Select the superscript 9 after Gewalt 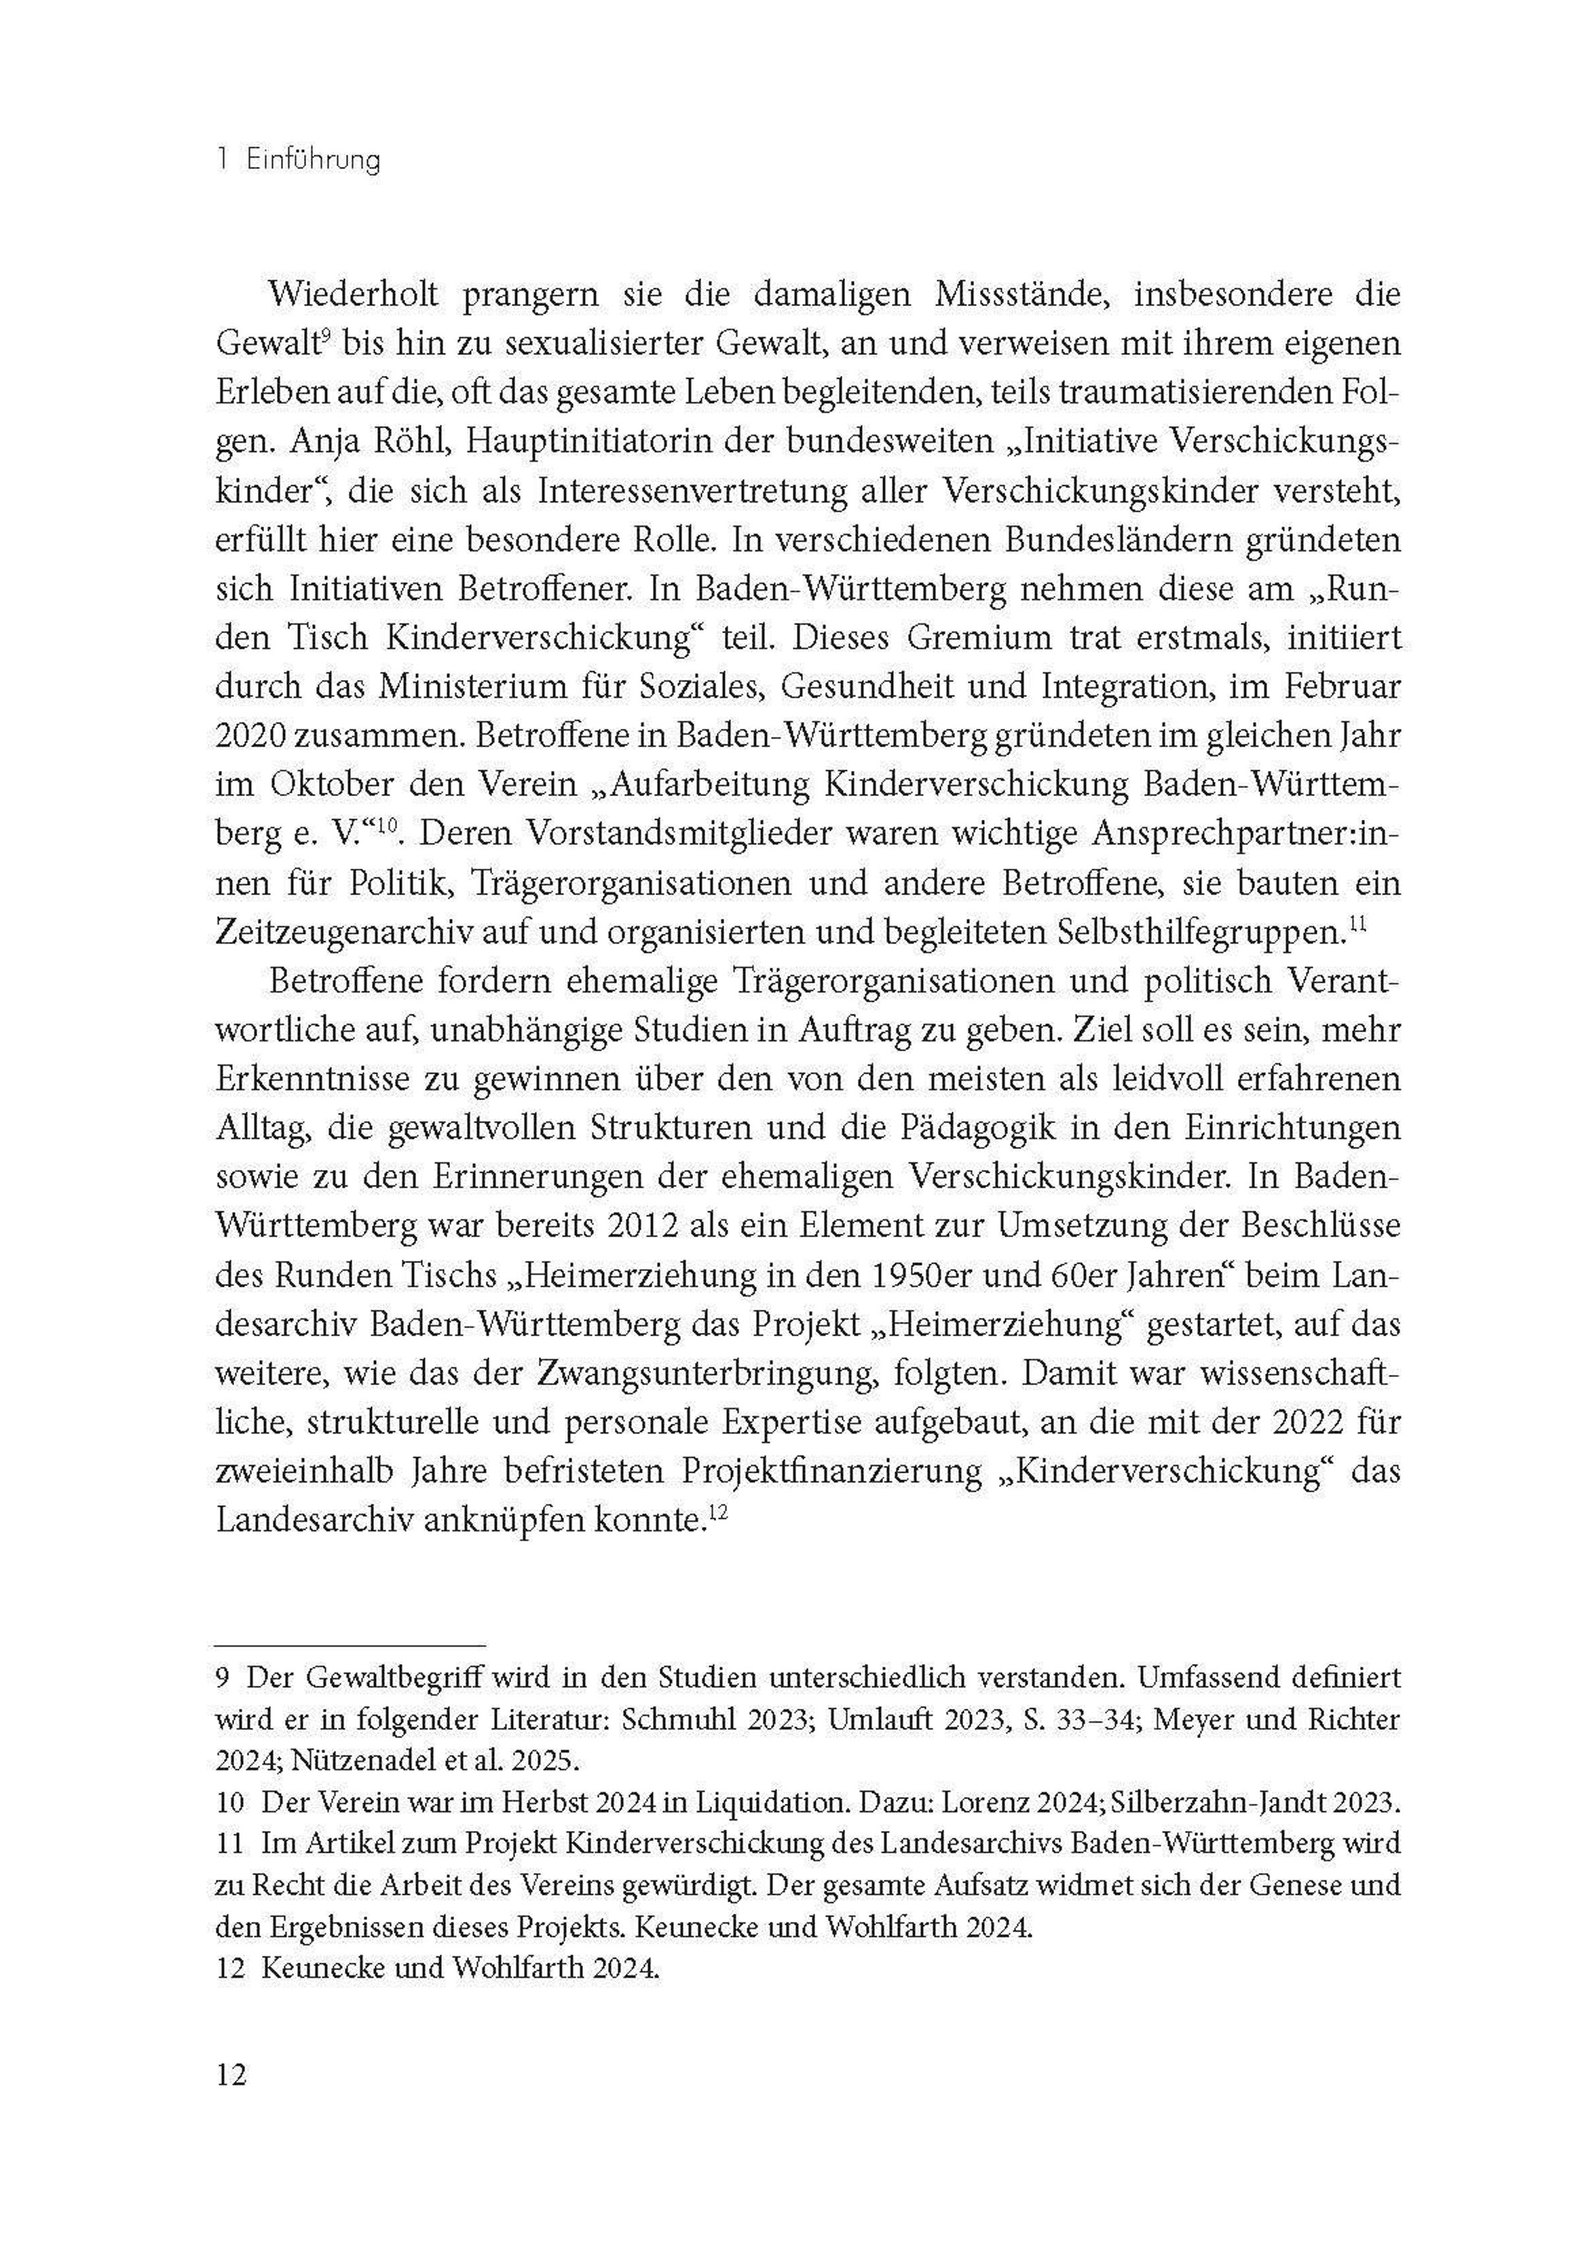328,336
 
